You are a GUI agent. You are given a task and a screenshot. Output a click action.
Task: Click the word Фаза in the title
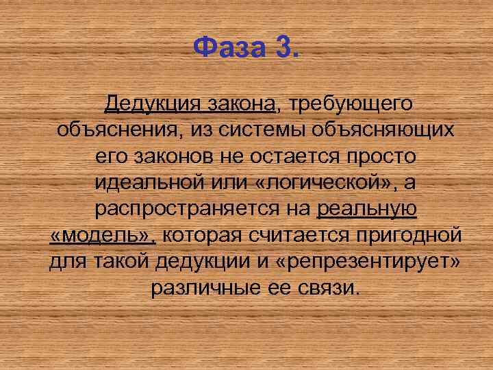tap(229, 48)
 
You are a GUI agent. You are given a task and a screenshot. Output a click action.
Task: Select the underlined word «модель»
tap(103, 236)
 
